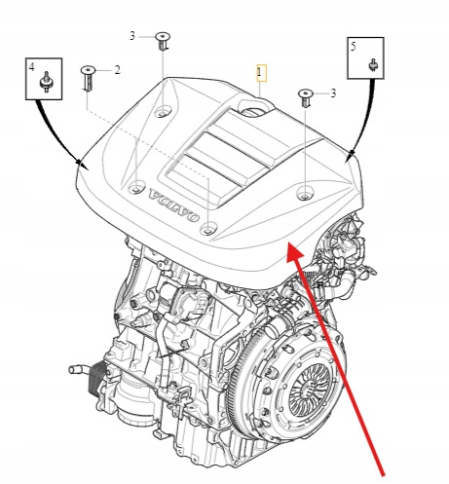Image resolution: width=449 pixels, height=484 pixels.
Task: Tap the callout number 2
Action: (x=117, y=70)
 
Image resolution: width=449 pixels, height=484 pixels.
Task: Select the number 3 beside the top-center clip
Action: (x=132, y=36)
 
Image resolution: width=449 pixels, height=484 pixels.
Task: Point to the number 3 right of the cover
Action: (x=333, y=93)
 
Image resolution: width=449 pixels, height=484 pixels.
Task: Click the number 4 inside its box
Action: (x=31, y=67)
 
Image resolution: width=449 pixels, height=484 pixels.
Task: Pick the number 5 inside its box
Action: (x=354, y=47)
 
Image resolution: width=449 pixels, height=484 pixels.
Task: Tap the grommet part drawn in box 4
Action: (x=47, y=82)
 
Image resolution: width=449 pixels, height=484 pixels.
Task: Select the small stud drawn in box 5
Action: (x=373, y=65)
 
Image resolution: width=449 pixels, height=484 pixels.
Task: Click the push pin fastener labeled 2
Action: (x=88, y=78)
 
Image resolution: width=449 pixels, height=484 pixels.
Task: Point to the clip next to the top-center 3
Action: (x=163, y=41)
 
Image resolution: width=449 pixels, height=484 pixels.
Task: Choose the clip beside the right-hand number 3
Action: (x=306, y=97)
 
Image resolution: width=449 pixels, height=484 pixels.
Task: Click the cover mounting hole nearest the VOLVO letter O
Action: (x=208, y=229)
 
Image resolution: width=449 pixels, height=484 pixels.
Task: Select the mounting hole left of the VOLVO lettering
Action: (x=136, y=188)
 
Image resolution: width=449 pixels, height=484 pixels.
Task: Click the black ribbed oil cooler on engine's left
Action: (x=97, y=378)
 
